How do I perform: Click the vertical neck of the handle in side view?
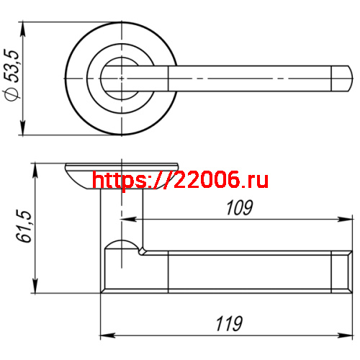[x=121, y=216]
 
